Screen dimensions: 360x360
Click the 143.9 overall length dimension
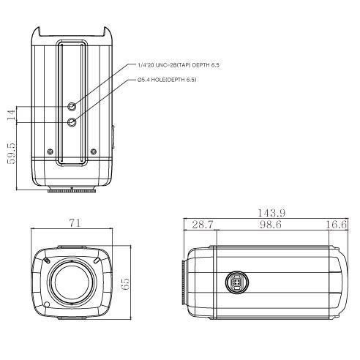pos(271,213)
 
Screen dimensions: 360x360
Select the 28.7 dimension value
pos(203,225)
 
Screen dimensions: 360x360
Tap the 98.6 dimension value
pos(271,225)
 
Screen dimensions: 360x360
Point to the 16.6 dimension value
pos(336,225)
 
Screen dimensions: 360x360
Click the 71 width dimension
pos(75,223)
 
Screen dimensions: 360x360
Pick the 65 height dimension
pos(125,283)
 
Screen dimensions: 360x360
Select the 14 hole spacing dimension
pos(11,115)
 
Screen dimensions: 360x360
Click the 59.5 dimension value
pos(11,154)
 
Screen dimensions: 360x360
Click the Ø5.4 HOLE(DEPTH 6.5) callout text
pos(167,80)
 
